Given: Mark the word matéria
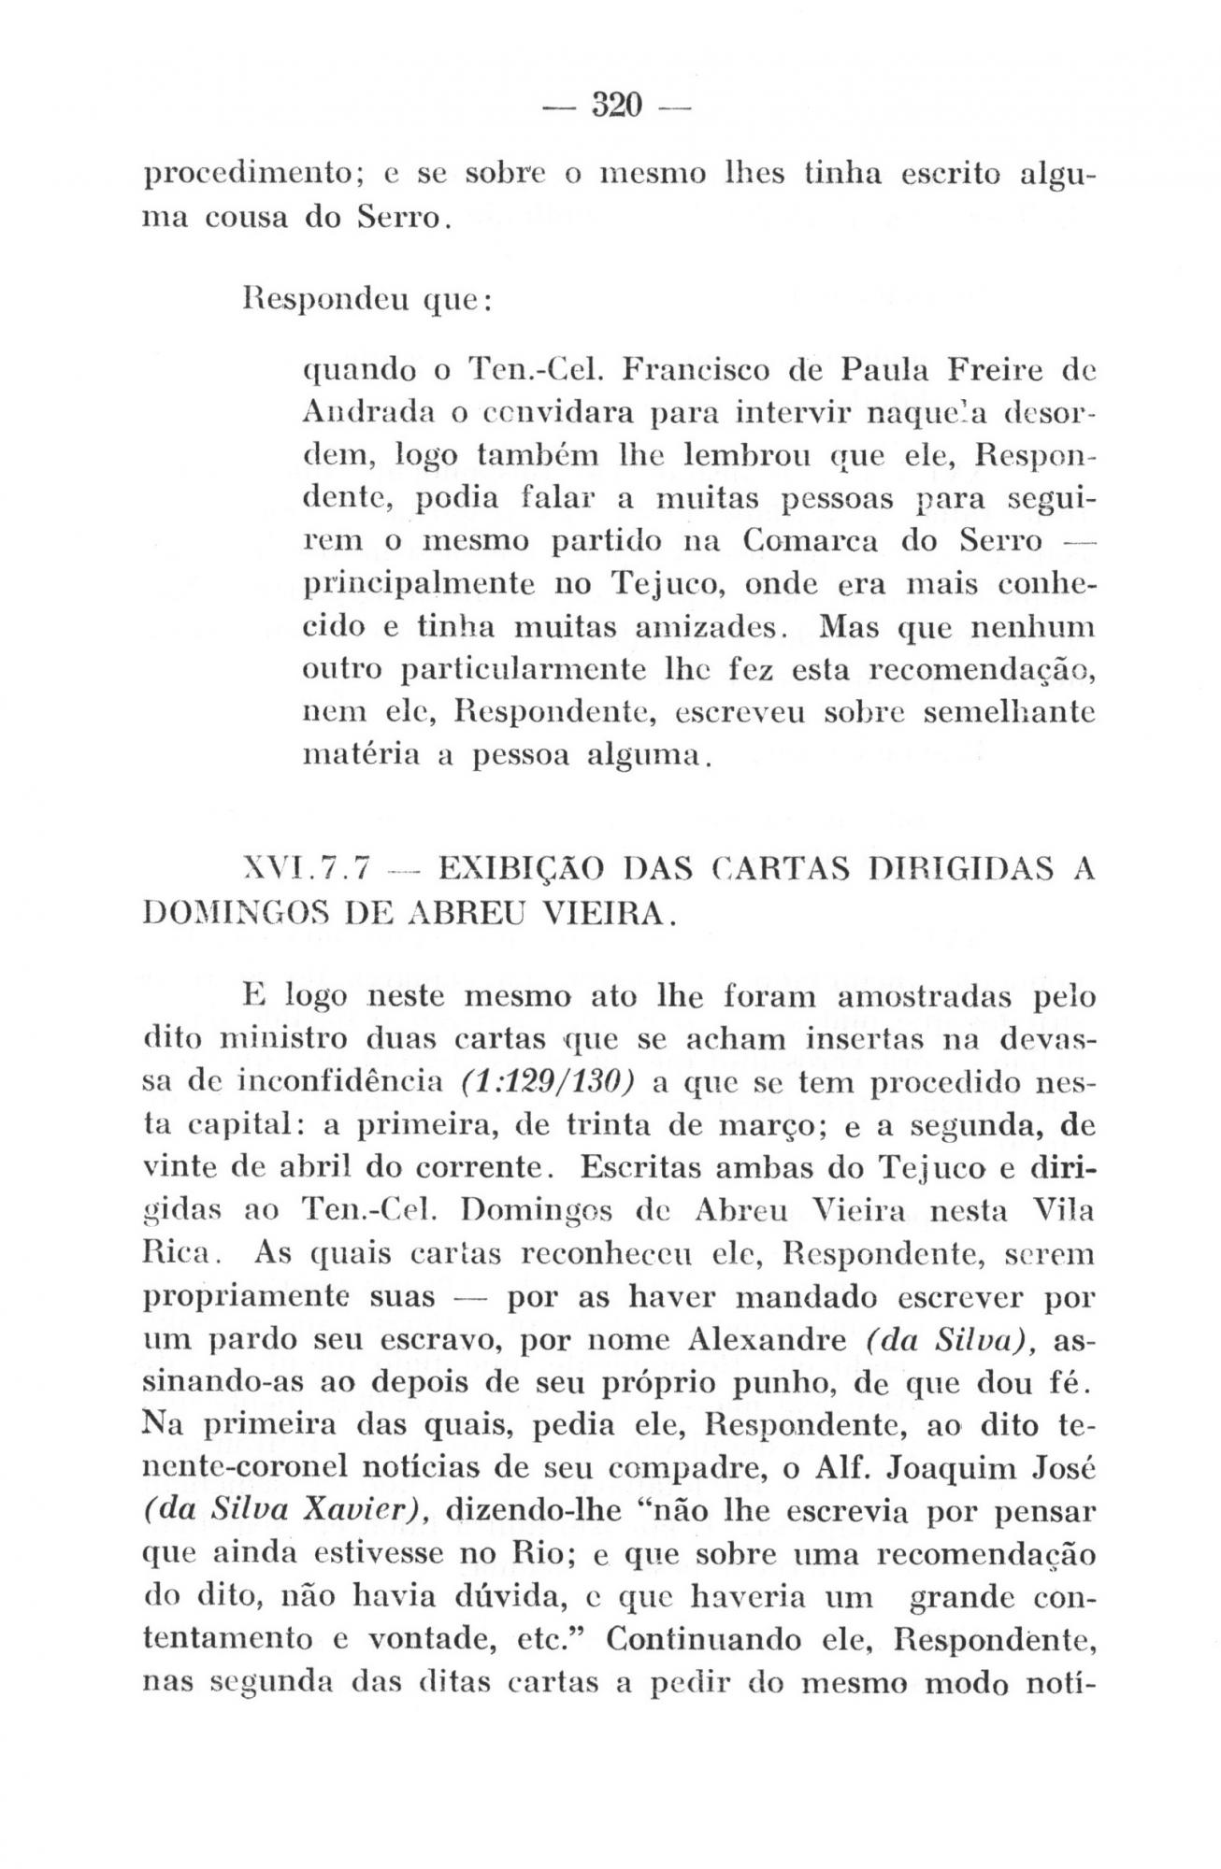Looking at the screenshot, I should pyautogui.click(x=352, y=754).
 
